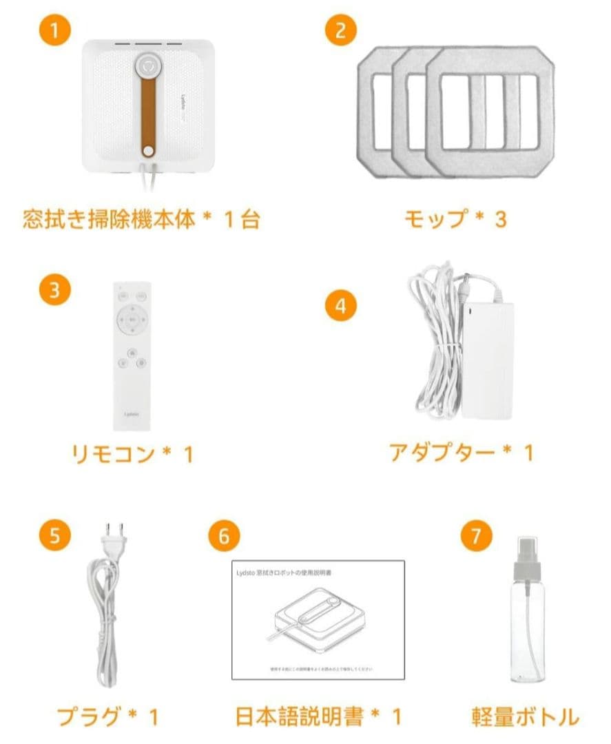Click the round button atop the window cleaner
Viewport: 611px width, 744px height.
(x=147, y=66)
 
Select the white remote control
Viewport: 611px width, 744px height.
(x=132, y=355)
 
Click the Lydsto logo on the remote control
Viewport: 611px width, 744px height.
(x=132, y=414)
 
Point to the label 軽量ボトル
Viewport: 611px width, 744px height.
(x=525, y=716)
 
